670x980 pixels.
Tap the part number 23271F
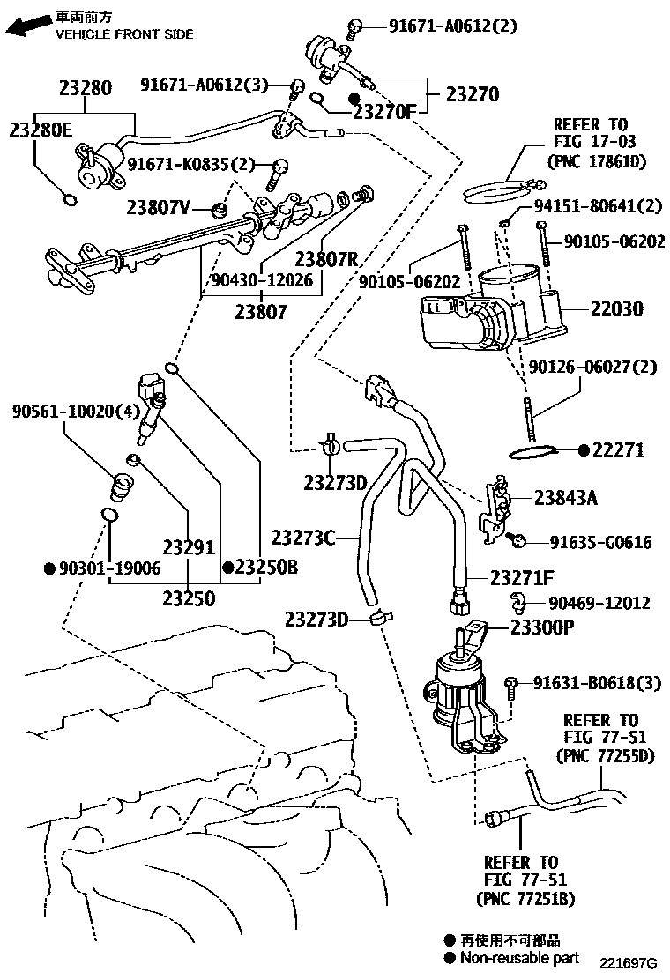[522, 578]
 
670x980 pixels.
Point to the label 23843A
[565, 498]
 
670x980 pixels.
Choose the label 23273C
[302, 537]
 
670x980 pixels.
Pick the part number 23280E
[41, 130]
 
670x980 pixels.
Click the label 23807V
[158, 208]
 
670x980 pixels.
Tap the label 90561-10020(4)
[63, 412]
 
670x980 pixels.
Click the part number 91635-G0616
[601, 543]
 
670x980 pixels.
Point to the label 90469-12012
[599, 604]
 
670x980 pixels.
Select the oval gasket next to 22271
[534, 453]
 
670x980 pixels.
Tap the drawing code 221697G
[629, 961]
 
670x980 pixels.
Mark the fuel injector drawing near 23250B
[152, 405]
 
